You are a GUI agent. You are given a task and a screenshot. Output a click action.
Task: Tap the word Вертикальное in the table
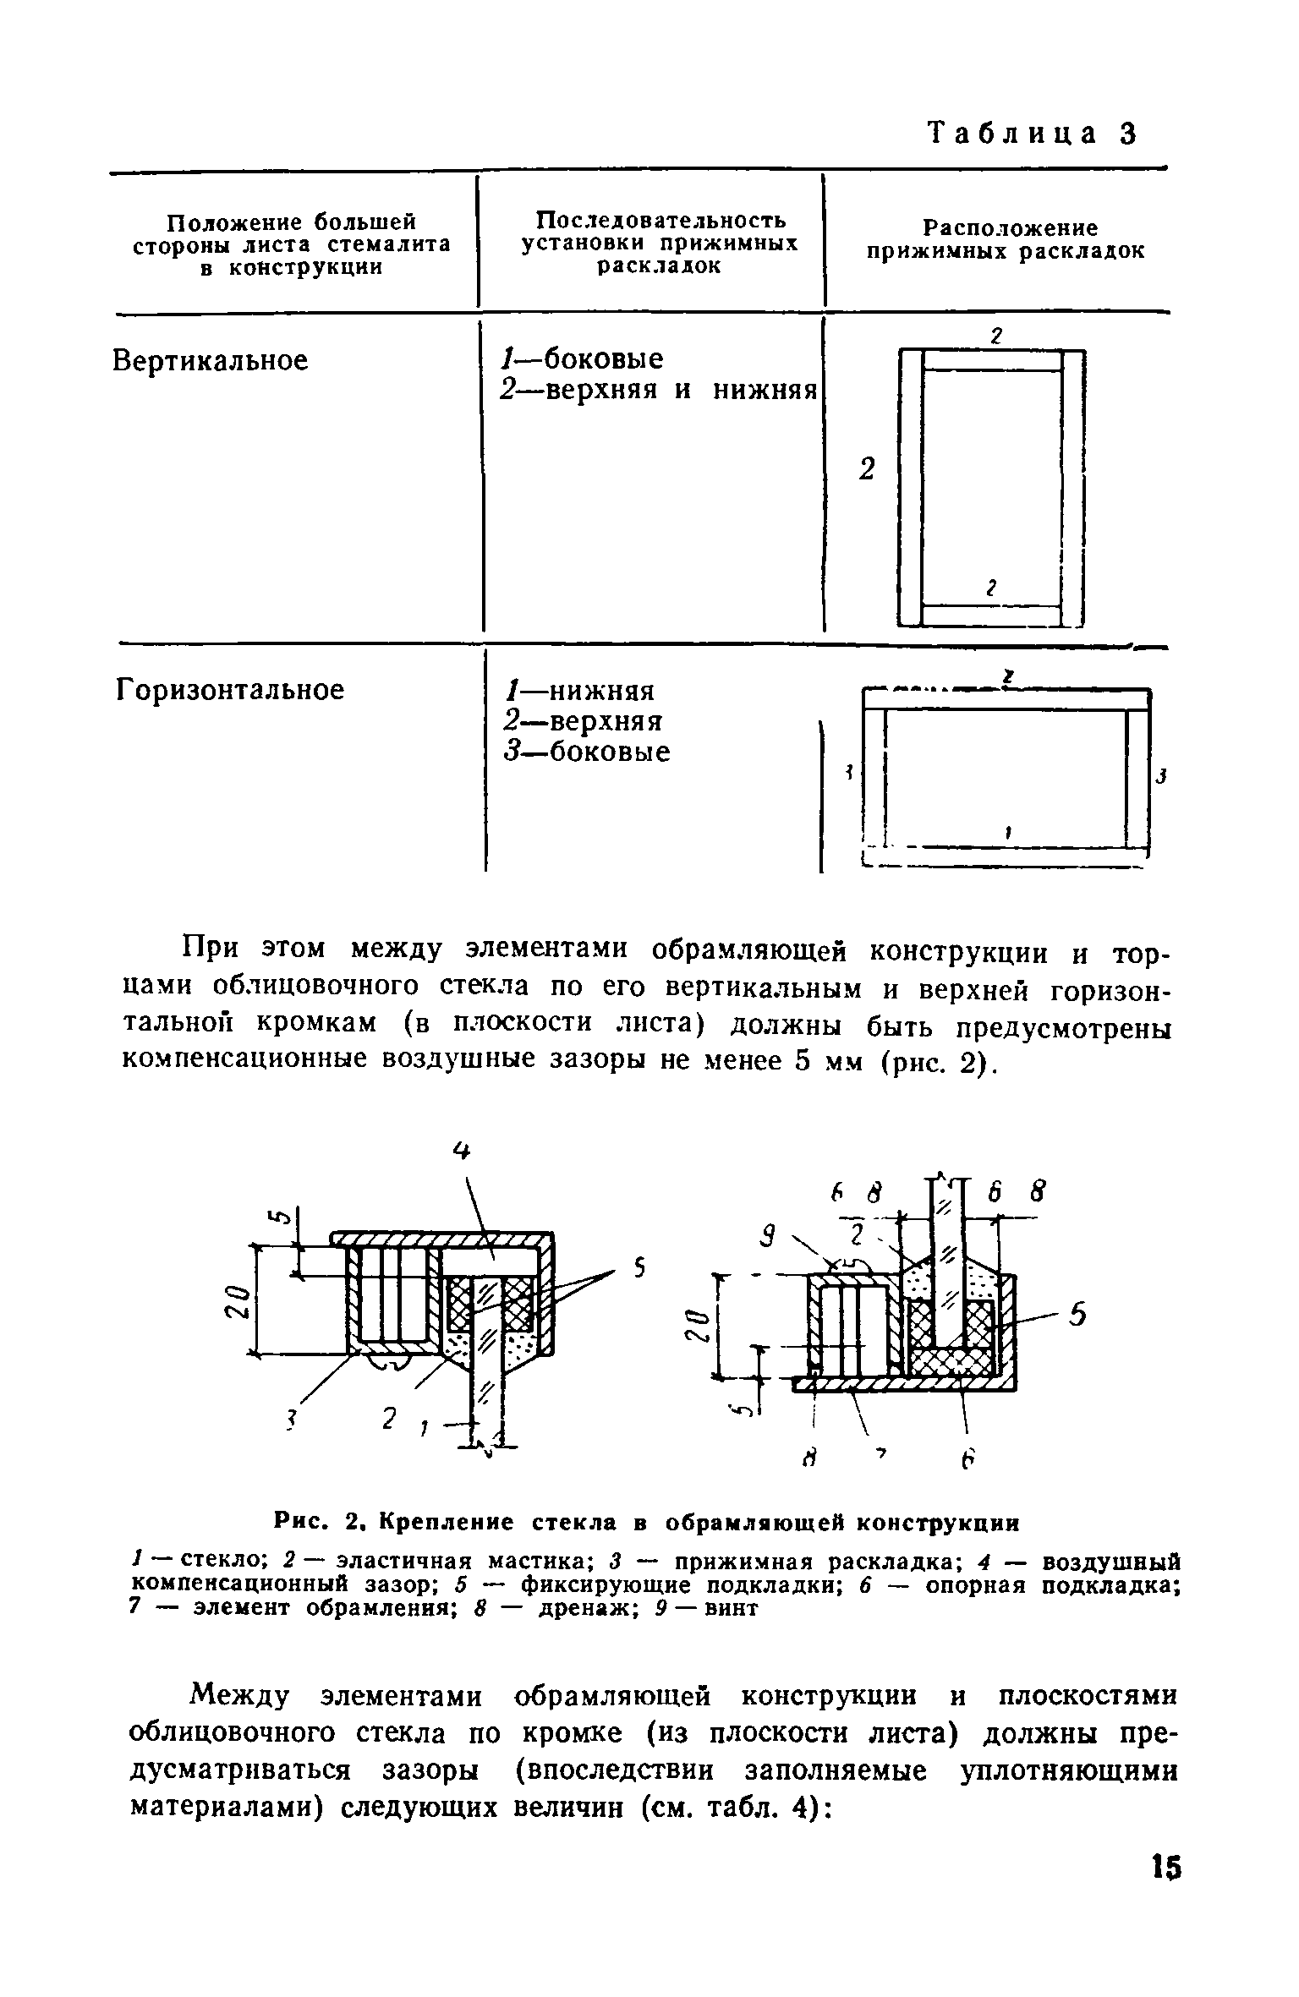(x=211, y=361)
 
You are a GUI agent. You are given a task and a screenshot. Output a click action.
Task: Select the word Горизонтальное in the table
(x=229, y=690)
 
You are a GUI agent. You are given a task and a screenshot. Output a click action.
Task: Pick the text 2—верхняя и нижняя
(x=658, y=391)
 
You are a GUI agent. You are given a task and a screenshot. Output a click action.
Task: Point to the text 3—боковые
(x=587, y=752)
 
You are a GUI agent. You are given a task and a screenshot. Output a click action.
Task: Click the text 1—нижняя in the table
(x=578, y=691)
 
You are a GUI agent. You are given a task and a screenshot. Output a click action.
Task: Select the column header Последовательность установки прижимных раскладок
(x=660, y=243)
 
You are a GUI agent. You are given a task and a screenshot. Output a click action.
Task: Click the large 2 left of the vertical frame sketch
(x=866, y=471)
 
